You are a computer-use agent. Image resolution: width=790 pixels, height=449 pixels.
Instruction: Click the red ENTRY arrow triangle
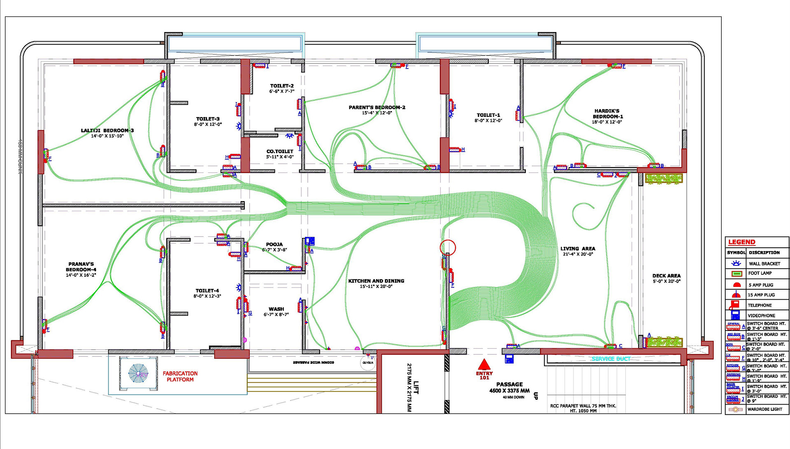pos(484,365)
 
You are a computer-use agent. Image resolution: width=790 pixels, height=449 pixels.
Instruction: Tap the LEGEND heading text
pos(742,242)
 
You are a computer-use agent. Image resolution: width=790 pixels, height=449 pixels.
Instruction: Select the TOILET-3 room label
pos(208,119)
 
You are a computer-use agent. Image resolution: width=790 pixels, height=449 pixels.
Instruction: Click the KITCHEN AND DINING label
pos(376,281)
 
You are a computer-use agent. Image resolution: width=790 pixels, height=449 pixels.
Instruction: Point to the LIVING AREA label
pos(578,249)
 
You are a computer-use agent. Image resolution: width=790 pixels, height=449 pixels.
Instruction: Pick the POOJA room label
pos(274,244)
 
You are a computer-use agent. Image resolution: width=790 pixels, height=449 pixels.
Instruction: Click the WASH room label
pos(276,309)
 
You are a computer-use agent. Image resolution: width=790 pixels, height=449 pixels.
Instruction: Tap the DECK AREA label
pos(666,276)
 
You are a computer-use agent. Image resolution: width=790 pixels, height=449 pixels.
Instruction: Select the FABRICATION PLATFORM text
pos(180,376)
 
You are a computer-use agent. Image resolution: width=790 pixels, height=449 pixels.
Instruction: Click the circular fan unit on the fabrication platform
pos(138,374)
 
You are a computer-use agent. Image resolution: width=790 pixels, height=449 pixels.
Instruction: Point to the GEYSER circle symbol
pos(368,363)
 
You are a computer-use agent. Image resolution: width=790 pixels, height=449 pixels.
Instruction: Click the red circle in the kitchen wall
pos(448,247)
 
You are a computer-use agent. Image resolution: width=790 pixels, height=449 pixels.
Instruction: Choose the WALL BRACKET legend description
pos(764,263)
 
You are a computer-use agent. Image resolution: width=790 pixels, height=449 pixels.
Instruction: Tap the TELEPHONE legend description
pos(760,305)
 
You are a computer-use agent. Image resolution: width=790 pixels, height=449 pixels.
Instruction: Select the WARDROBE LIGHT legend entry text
pos(764,409)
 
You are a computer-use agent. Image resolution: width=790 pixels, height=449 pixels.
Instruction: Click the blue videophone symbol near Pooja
pos(309,241)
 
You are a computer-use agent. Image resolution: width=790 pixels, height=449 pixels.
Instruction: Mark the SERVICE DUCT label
pos(611,359)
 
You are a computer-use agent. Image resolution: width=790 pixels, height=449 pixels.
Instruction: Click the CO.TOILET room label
pos(280,151)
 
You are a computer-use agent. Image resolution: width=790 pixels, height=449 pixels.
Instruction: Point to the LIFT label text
pos(416,387)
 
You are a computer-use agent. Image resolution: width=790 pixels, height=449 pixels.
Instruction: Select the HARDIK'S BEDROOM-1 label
pos(607,114)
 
